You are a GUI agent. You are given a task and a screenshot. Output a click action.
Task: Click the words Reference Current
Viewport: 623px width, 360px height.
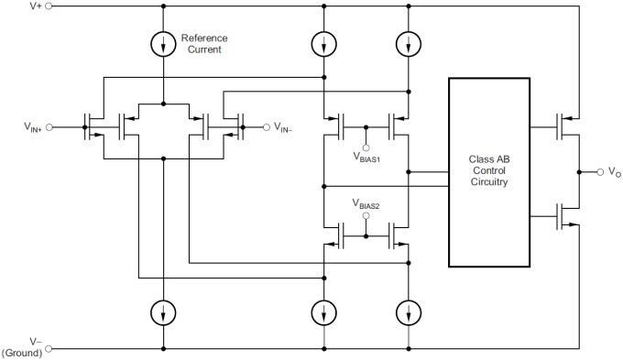click(203, 43)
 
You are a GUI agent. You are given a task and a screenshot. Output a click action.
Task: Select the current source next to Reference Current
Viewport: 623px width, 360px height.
click(162, 43)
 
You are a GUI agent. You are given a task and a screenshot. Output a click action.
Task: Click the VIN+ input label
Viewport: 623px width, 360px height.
click(32, 127)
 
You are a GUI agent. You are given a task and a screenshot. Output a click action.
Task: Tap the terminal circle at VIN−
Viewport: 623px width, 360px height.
click(268, 126)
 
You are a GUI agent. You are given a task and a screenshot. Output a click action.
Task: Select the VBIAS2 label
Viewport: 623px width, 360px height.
click(367, 202)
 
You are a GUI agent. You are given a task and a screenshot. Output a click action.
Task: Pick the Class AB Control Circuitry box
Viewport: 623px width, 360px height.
click(488, 172)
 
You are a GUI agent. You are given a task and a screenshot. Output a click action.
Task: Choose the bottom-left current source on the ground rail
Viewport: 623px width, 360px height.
click(162, 311)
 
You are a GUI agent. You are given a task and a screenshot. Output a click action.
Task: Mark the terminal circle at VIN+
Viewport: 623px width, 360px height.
click(49, 127)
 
